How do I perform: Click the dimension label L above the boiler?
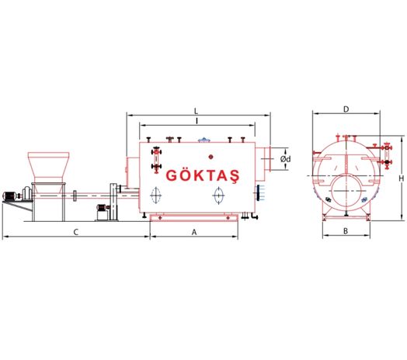point(197,112)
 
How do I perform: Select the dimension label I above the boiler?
point(197,121)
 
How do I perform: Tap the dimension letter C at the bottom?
point(76,232)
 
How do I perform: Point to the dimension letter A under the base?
point(194,232)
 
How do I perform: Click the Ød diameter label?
point(286,159)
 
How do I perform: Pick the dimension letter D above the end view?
point(346,109)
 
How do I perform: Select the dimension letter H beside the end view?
point(402,178)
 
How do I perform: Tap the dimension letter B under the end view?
point(346,231)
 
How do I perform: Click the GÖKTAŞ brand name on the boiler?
point(203,175)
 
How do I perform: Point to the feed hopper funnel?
point(48,168)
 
